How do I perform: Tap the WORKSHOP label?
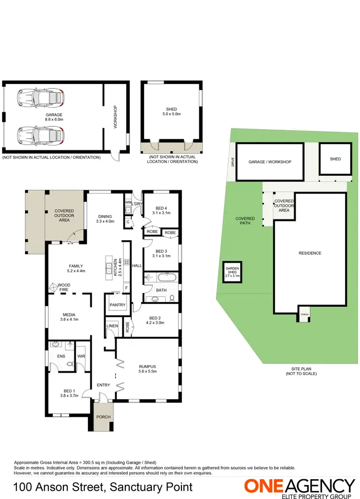[115, 117]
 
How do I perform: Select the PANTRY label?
[117, 305]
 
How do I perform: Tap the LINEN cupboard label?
[112, 326]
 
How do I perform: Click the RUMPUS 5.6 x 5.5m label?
[148, 367]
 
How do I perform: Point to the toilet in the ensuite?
[71, 364]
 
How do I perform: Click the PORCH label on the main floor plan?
[103, 417]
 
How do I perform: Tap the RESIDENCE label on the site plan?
[310, 253]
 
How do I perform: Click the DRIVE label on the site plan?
[232, 162]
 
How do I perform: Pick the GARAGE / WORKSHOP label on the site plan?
[270, 162]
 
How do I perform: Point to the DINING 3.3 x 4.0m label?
[105, 219]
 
